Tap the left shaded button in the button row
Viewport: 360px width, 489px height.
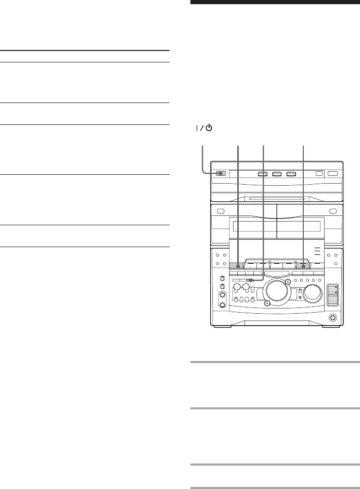click(238, 266)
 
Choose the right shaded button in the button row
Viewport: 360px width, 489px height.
click(303, 266)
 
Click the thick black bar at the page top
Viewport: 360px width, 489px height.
click(274, 2)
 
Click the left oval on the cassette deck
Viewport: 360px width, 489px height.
click(221, 211)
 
